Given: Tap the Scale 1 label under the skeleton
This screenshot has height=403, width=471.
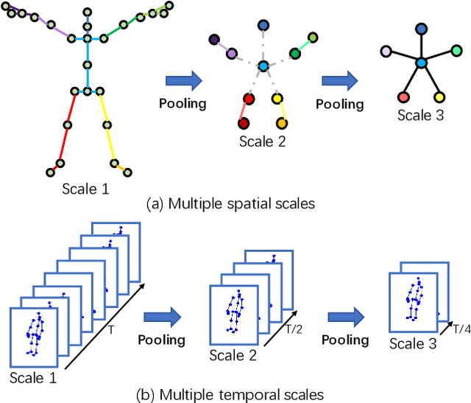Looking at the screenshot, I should tap(85, 188).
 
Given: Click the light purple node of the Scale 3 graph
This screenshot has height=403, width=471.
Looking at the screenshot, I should tap(386, 52).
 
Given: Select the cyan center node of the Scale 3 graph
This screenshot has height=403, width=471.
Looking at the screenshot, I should tap(420, 65).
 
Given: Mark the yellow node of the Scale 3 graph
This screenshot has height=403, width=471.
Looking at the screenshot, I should tap(439, 97).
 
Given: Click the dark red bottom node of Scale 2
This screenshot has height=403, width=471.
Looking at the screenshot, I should tap(244, 123).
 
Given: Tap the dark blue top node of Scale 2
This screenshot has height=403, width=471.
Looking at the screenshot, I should tap(263, 24).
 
